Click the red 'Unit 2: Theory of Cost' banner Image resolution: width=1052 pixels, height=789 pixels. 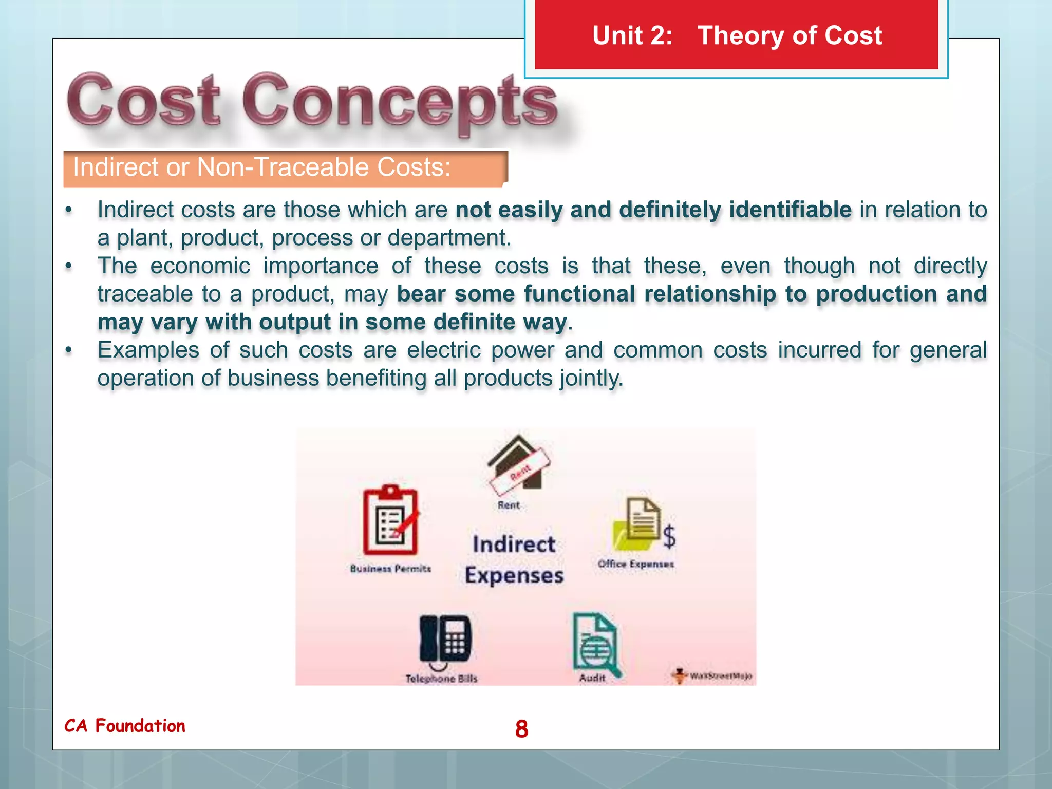tap(736, 35)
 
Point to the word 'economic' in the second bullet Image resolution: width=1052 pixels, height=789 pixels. tap(200, 266)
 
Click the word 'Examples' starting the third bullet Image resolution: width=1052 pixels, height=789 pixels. tap(148, 350)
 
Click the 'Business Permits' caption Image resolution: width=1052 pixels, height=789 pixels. tap(390, 569)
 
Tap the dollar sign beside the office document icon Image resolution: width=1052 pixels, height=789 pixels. tap(669, 537)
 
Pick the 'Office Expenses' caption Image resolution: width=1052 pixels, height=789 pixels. tap(635, 564)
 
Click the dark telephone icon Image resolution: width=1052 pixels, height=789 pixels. tap(445, 640)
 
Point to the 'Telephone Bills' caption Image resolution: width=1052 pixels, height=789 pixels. tap(441, 679)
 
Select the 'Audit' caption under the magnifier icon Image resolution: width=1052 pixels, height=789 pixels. tap(592, 678)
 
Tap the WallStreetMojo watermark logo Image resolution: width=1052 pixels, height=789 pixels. tap(712, 675)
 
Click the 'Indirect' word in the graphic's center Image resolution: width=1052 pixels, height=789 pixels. tap(514, 544)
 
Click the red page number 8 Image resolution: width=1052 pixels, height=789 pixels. tap(521, 728)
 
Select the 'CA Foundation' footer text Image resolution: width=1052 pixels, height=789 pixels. tap(125, 726)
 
